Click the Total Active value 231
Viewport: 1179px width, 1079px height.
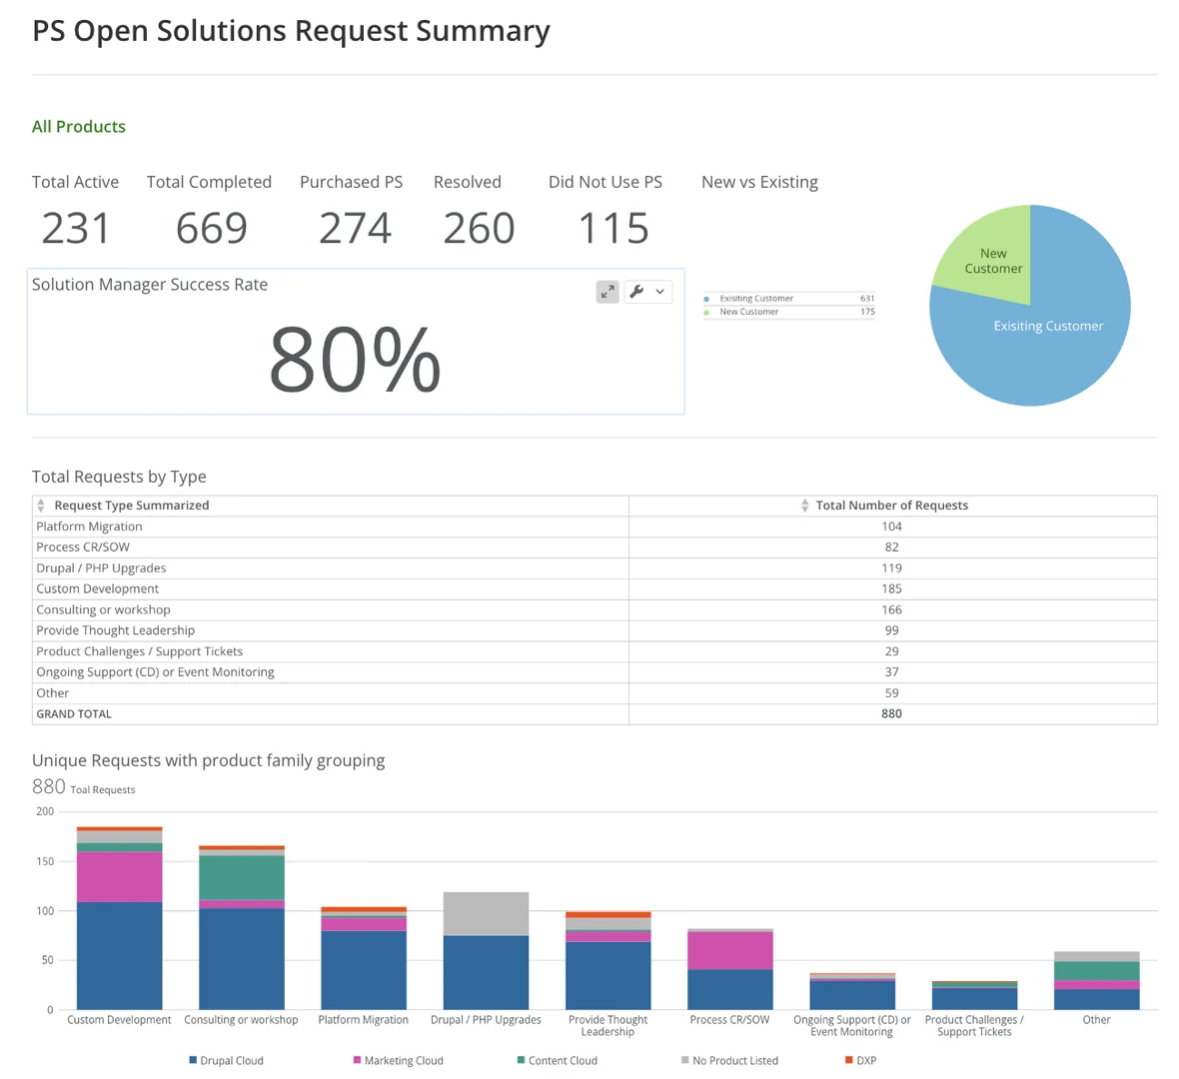pyautogui.click(x=76, y=229)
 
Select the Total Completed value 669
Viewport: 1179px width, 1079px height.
pyautogui.click(x=211, y=229)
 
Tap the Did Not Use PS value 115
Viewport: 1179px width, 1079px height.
pyautogui.click(x=613, y=229)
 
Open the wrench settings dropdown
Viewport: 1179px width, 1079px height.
pyautogui.click(x=647, y=292)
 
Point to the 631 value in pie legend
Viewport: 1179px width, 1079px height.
pyautogui.click(x=866, y=299)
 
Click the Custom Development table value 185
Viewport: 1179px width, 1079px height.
pyautogui.click(x=891, y=588)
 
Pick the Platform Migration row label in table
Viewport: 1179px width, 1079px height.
pyautogui.click(x=89, y=527)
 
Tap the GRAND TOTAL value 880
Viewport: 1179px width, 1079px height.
pyautogui.click(x=891, y=714)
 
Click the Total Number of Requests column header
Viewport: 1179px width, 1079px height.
pyautogui.click(x=891, y=506)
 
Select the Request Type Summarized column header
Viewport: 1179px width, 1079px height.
pyautogui.click(x=131, y=506)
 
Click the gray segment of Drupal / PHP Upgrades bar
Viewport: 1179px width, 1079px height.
pyautogui.click(x=486, y=913)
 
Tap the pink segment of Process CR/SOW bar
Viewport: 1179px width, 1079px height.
pyautogui.click(x=730, y=950)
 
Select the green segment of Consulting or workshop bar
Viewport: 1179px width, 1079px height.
pyautogui.click(x=242, y=877)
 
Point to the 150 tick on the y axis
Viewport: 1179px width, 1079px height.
pyautogui.click(x=44, y=861)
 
